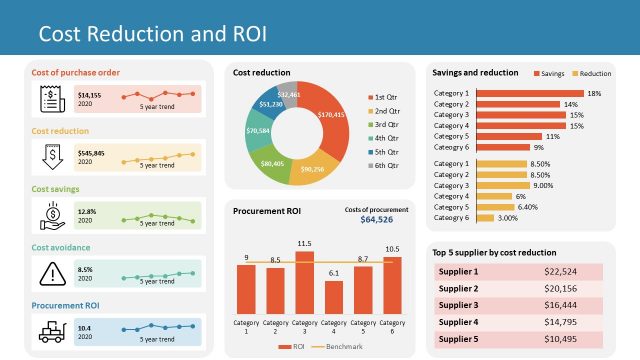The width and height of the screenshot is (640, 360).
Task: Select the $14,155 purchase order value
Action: click(90, 94)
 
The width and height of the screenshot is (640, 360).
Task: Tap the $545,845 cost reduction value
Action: click(92, 153)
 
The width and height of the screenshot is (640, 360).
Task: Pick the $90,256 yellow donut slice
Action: click(312, 169)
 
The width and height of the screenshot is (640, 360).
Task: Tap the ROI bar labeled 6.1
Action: click(335, 297)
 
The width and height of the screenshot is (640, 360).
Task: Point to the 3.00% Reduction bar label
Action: click(508, 217)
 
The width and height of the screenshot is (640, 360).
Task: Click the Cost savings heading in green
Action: click(56, 188)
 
